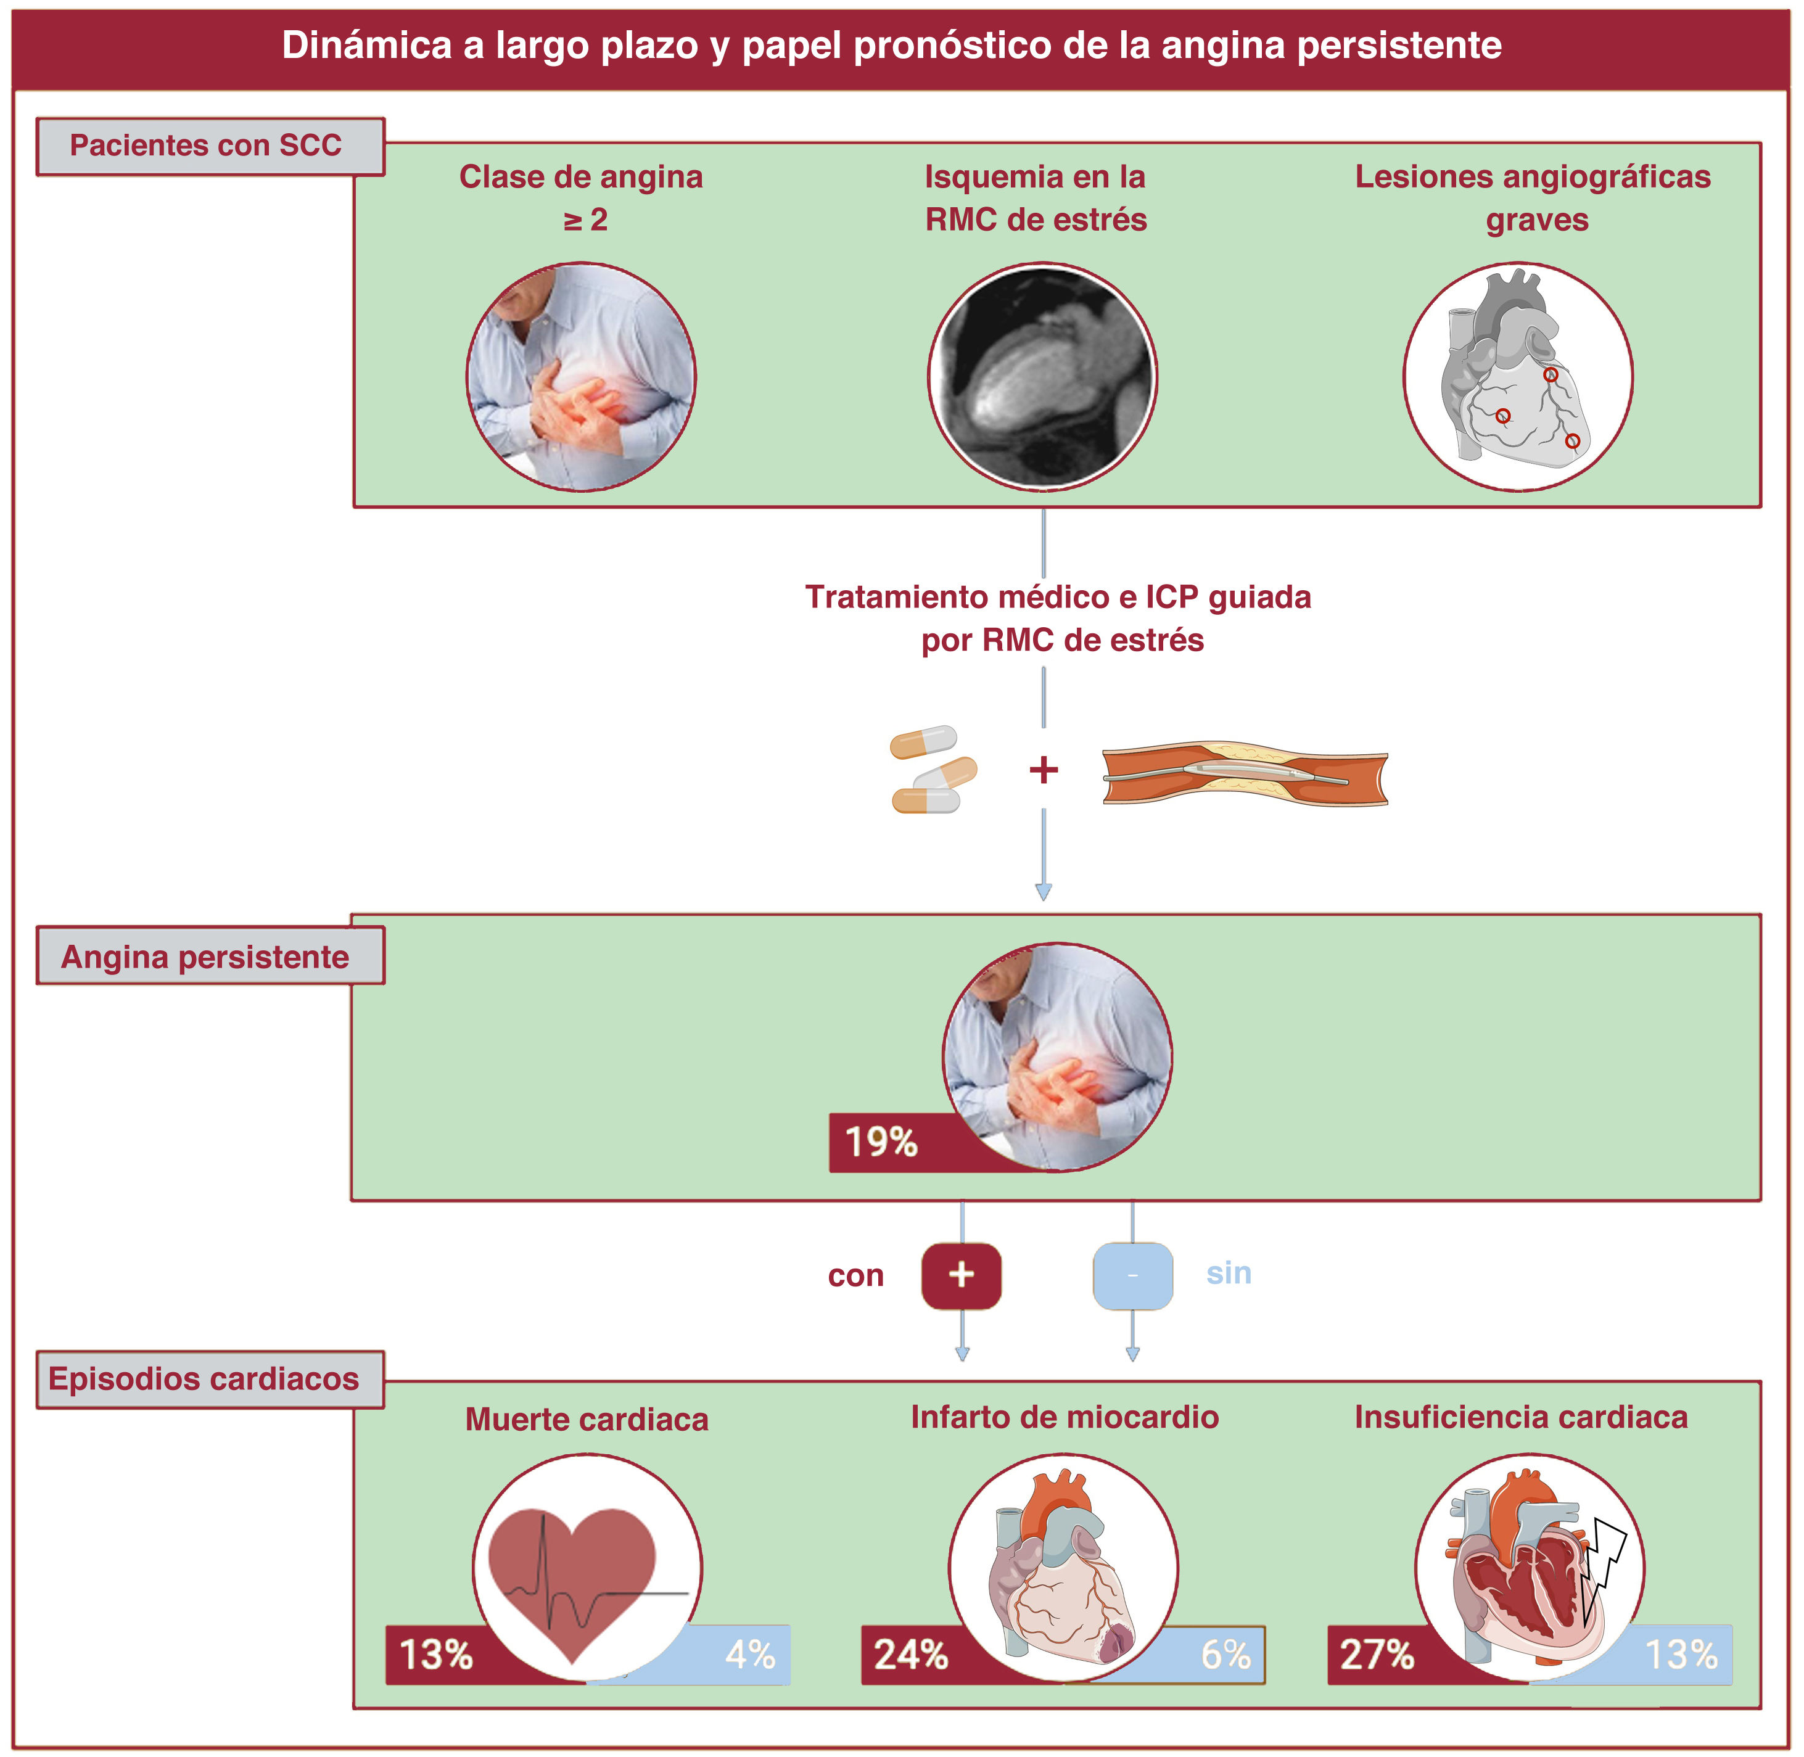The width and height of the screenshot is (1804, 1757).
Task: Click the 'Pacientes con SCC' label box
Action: pos(210,146)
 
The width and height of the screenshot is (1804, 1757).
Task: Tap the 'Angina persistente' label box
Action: pos(210,957)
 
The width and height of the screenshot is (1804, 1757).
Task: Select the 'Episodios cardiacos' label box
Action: pos(210,1379)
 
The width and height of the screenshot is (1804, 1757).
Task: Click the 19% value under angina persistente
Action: pos(881,1142)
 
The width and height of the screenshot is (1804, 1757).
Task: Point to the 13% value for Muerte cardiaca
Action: pos(435,1655)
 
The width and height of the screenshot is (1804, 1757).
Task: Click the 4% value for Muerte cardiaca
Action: pos(749,1655)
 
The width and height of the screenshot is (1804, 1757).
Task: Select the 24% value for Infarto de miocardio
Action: pos(911,1655)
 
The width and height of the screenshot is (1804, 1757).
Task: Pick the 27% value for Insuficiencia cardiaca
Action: pos(1377,1655)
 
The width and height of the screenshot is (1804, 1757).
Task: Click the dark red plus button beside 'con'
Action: pos(962,1275)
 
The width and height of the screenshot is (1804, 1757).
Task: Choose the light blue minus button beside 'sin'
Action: pos(1132,1275)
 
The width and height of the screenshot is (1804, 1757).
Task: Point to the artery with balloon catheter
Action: pos(1245,773)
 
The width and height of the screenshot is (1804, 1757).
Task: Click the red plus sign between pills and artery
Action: pos(1044,770)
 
